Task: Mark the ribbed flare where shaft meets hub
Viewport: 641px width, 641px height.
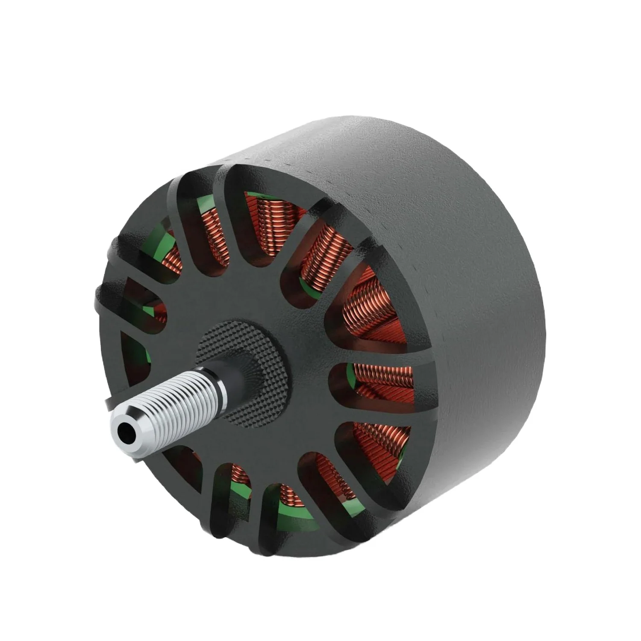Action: point(248,363)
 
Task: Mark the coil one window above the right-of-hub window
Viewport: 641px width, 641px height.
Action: point(368,308)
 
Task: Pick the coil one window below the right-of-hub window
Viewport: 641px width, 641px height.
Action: point(372,440)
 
